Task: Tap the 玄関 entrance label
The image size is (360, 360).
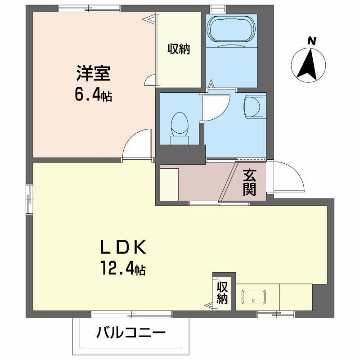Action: (x=250, y=183)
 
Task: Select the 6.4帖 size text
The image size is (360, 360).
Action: (x=94, y=95)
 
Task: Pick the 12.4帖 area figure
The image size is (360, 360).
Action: (x=122, y=269)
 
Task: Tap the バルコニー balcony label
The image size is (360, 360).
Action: (x=130, y=334)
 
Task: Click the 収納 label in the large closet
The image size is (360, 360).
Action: (x=179, y=49)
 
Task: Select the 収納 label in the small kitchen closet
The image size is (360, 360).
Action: (x=222, y=293)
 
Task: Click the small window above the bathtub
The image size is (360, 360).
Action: (x=218, y=9)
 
